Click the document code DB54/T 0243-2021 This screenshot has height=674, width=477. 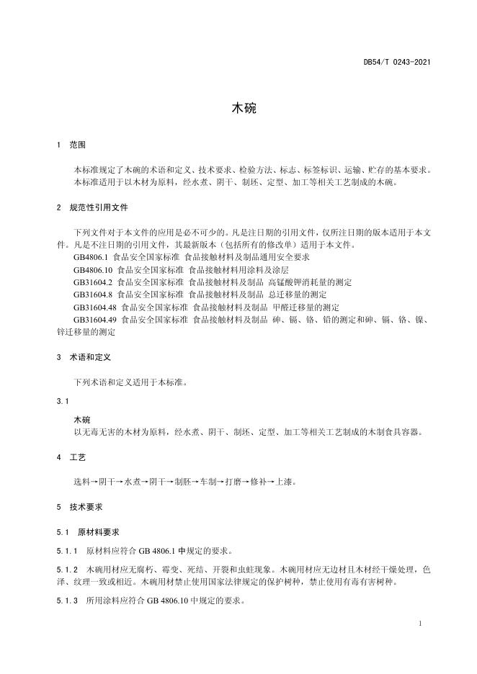click(397, 63)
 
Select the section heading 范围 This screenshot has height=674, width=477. click(77, 145)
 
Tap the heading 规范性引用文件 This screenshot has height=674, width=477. click(99, 207)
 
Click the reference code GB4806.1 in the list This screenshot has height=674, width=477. click(90, 257)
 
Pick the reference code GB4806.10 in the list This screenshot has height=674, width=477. click(92, 269)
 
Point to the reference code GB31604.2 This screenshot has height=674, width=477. click(93, 282)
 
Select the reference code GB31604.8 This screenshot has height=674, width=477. click(93, 295)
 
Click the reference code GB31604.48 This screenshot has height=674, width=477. click(95, 307)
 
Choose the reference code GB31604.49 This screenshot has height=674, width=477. click(95, 320)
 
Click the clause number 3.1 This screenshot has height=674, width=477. click(62, 400)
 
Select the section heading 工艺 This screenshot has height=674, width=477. click(77, 457)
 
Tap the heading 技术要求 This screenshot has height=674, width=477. click(86, 507)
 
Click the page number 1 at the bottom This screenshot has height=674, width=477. click(419, 622)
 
